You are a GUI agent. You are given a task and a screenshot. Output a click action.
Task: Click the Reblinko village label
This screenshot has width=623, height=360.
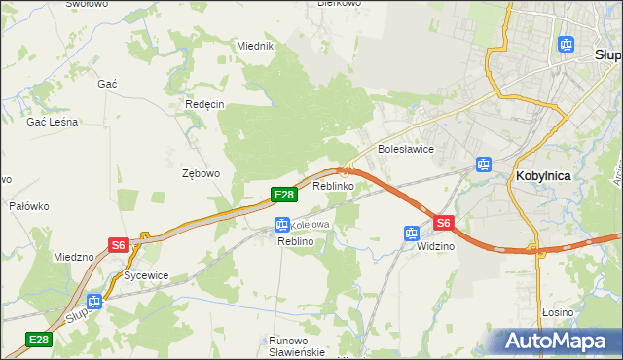(x=332, y=185)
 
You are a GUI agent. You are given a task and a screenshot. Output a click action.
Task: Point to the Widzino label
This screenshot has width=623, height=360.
(x=435, y=246)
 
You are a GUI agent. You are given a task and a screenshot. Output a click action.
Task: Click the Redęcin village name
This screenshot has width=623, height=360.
(x=204, y=104)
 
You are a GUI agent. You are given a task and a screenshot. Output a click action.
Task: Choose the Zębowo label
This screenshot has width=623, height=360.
(x=202, y=173)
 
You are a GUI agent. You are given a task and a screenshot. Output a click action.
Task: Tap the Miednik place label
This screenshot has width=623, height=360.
(x=256, y=46)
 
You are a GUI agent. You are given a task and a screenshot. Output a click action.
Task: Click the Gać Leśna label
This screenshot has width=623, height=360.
(x=53, y=122)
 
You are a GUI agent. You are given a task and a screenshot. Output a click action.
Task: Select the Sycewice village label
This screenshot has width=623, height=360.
(x=146, y=275)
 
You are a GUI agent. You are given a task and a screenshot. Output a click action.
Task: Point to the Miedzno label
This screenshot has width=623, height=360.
(x=74, y=257)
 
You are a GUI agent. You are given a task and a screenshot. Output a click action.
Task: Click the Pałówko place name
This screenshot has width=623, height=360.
(x=29, y=206)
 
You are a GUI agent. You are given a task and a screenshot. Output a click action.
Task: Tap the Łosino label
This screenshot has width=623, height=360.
(x=558, y=312)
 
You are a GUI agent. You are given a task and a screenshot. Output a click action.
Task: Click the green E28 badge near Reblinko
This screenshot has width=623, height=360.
(x=283, y=196)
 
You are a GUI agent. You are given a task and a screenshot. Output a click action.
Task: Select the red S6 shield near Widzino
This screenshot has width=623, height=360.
(x=444, y=223)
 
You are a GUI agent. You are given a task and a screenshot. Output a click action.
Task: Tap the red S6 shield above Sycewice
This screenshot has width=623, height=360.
(x=118, y=245)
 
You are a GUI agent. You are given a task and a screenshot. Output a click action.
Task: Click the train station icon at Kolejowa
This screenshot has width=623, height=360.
(x=281, y=225)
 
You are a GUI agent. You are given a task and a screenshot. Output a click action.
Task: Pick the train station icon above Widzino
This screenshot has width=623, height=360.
(x=412, y=234)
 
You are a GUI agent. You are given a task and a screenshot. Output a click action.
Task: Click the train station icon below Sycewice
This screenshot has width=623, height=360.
(x=94, y=302)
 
